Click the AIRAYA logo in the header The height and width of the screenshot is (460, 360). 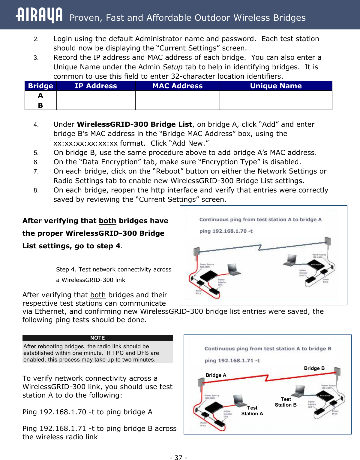tap(39, 15)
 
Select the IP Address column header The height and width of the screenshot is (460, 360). tap(96, 86)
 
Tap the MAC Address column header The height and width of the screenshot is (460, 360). tap(177, 86)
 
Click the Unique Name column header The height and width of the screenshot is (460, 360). tap(276, 86)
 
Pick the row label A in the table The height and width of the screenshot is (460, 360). tap(40, 95)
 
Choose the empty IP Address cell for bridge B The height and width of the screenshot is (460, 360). tap(96, 105)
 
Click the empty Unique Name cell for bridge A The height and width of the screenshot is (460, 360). tap(276, 95)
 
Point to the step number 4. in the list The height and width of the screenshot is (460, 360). tap(36, 125)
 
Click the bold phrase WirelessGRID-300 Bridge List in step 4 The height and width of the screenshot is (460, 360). tap(134, 124)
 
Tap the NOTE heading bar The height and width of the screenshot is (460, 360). tap(97, 338)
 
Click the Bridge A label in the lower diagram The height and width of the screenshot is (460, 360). tap(216, 375)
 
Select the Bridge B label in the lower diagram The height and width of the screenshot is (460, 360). tap(314, 368)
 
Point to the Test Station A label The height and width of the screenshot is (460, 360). tap(252, 411)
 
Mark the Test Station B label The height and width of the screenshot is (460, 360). tap(286, 402)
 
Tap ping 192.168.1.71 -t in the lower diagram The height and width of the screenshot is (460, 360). tap(232, 360)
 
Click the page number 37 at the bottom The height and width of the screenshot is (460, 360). tap(178, 457)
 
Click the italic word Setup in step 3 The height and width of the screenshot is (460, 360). tap(172, 67)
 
